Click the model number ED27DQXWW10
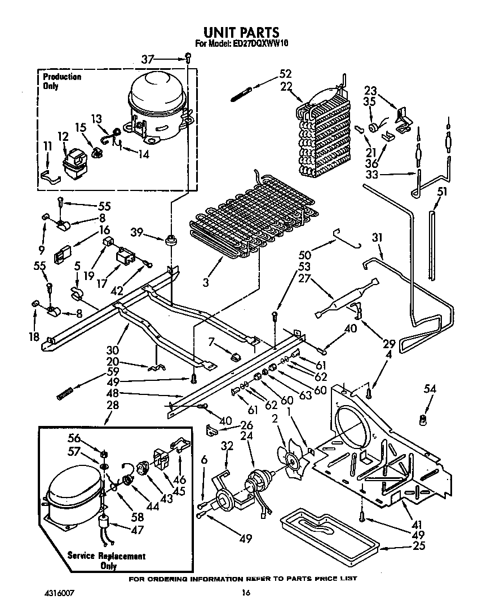(x=258, y=43)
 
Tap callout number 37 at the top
(x=148, y=58)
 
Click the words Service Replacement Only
(x=107, y=561)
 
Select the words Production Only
(x=62, y=81)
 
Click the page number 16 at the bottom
(x=245, y=592)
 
